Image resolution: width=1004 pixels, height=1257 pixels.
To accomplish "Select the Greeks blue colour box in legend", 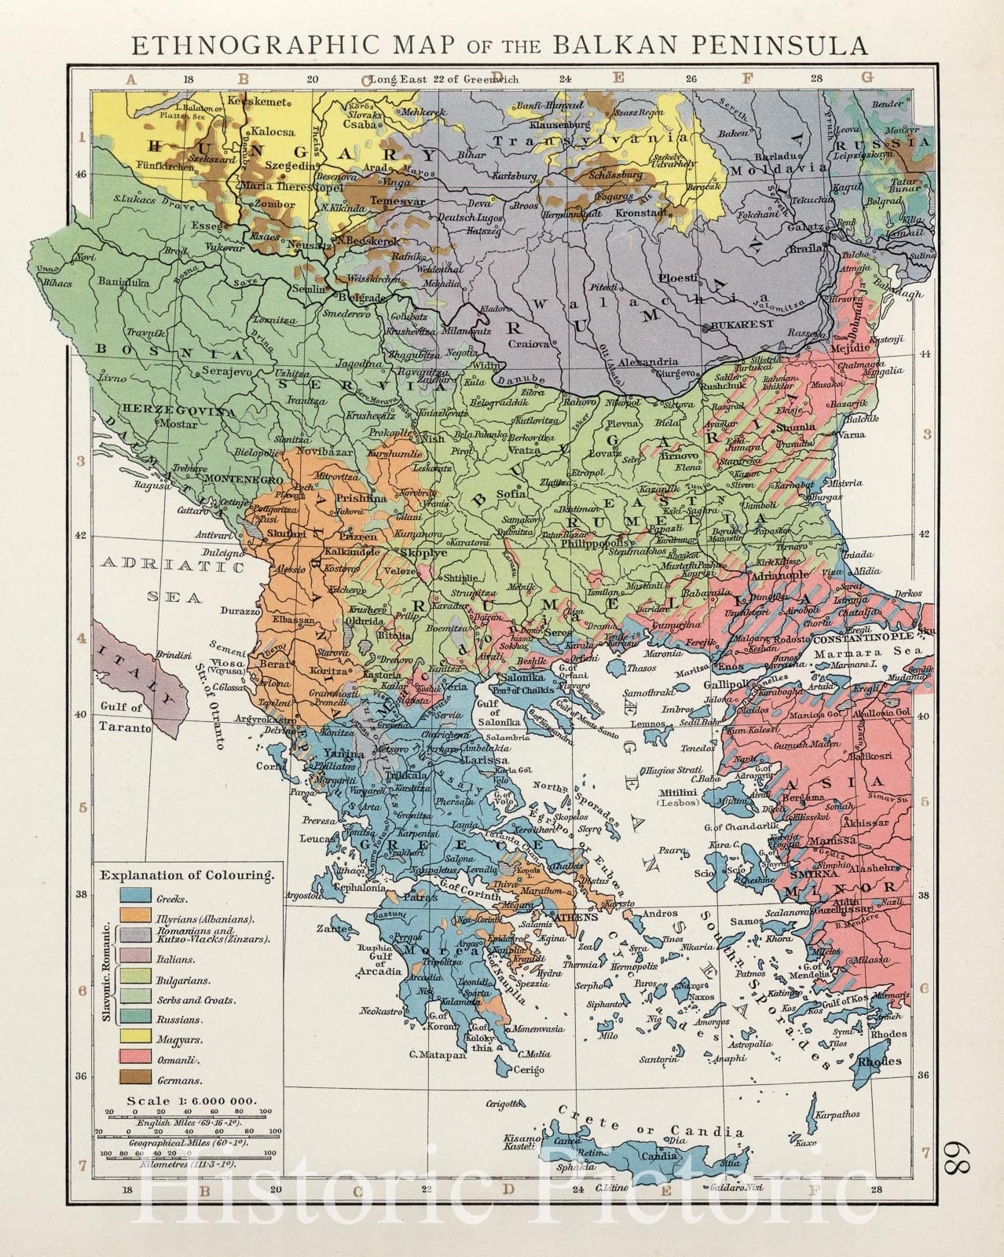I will (134, 897).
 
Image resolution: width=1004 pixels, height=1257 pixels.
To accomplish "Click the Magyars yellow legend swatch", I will (134, 1040).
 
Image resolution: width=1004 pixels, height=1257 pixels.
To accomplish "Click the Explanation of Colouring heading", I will (188, 874).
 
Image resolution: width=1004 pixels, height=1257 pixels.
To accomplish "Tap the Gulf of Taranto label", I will (126, 718).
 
